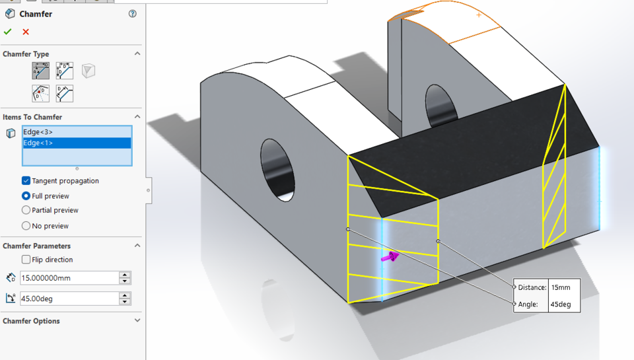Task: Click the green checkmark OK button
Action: [x=8, y=32]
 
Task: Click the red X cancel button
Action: [x=26, y=32]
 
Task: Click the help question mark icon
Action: [x=133, y=14]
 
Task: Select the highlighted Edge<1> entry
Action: [x=38, y=143]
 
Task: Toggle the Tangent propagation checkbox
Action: [x=26, y=181]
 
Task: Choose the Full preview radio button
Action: [x=26, y=196]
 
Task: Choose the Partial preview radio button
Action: [x=26, y=210]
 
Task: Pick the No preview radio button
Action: [x=26, y=226]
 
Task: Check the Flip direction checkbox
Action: [x=26, y=260]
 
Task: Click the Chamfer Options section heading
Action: [x=31, y=321]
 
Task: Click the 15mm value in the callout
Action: [x=561, y=288]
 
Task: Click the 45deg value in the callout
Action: [x=561, y=305]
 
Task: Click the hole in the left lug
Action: [x=277, y=168]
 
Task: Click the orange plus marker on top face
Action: [x=479, y=15]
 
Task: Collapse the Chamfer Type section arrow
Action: [x=137, y=54]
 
